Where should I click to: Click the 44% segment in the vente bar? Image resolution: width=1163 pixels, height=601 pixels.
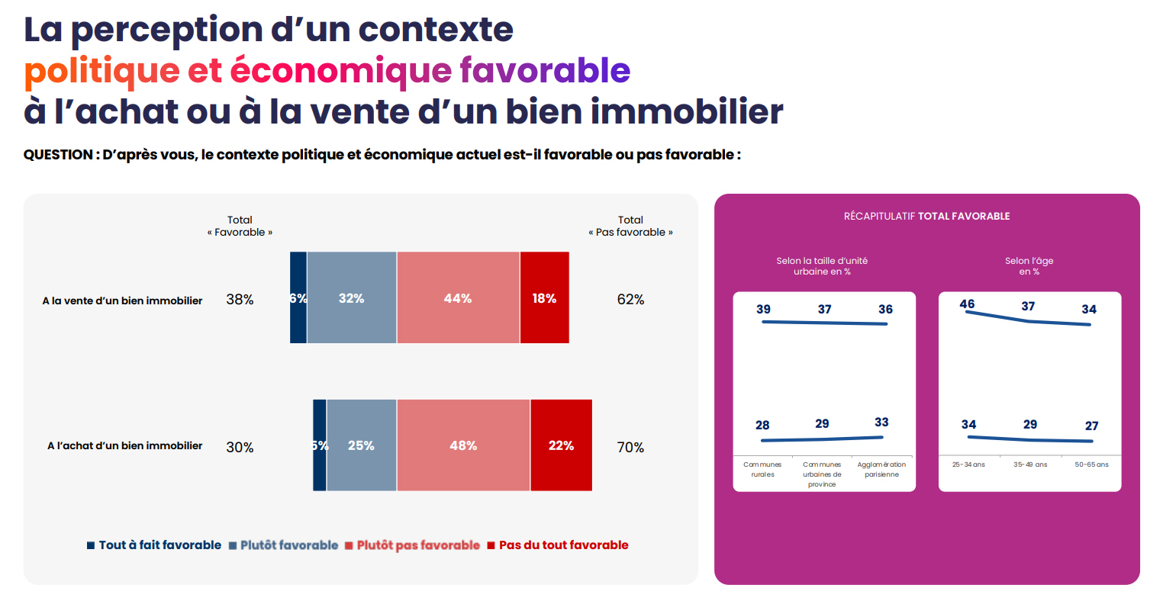[x=458, y=298]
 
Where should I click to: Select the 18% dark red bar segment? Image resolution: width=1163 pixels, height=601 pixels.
[x=544, y=298]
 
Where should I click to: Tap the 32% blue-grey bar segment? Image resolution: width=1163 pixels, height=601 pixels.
[x=352, y=298]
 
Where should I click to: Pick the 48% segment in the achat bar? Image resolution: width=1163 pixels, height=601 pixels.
[x=463, y=445]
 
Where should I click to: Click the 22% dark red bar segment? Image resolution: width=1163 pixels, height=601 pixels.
[x=561, y=445]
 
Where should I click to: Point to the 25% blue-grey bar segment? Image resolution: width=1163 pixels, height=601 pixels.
[x=361, y=445]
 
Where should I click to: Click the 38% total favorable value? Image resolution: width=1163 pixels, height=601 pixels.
[x=240, y=300]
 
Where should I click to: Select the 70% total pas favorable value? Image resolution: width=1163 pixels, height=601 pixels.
[x=630, y=448]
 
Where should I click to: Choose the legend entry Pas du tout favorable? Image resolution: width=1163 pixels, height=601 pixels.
[x=563, y=545]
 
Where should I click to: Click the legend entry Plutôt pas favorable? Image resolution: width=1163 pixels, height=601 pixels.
[x=418, y=545]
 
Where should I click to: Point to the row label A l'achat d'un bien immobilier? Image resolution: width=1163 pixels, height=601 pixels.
[x=125, y=445]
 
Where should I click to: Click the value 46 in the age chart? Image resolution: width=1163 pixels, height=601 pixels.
[x=967, y=304]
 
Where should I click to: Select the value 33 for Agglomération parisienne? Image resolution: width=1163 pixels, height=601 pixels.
[x=881, y=423]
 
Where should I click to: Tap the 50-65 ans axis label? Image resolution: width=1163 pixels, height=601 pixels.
[x=1091, y=464]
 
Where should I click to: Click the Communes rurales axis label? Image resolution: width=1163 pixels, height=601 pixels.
[x=762, y=469]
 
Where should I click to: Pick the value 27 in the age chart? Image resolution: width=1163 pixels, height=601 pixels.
[x=1092, y=426]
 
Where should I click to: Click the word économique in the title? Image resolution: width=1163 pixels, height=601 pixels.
[x=341, y=70]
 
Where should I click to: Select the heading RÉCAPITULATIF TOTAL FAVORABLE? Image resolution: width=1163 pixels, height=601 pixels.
[x=926, y=217]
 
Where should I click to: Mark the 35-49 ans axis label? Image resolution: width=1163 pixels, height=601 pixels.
[x=1030, y=464]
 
